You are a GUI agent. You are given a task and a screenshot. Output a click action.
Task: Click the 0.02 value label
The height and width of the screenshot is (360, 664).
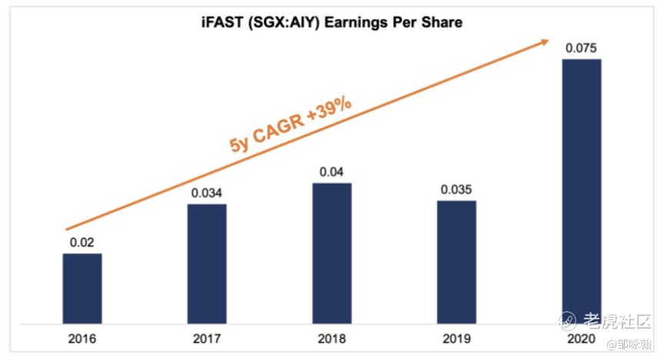[82, 242]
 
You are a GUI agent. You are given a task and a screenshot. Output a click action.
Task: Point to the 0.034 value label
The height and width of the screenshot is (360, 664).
[207, 192]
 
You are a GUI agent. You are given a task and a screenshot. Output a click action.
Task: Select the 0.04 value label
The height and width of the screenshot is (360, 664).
[332, 171]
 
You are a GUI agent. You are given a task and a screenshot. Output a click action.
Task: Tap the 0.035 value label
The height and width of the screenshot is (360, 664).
[456, 188]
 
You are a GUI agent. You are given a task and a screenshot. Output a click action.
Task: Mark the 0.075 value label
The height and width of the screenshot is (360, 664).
[581, 48]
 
